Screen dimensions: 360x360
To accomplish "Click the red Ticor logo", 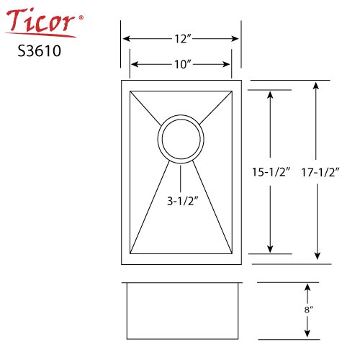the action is coord(41,23).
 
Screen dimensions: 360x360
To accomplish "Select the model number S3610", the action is coord(40,51).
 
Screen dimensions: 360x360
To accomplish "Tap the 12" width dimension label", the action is coord(183,39).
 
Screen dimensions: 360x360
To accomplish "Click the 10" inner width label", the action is coord(183,64).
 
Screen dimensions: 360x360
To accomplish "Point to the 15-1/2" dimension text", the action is coord(271,172).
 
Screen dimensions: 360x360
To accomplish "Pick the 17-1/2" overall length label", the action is coord(320,173).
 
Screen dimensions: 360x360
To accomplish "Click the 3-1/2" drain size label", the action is coord(183,201).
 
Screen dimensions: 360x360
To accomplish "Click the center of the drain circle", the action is coord(181,139).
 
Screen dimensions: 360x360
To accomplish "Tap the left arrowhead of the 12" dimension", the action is coord(127,39).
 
